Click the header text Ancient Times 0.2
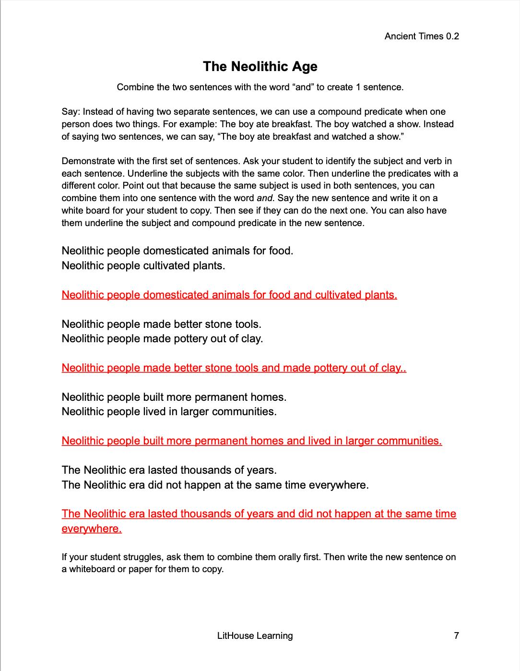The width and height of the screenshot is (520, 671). pos(422,36)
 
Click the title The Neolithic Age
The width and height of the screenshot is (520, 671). pos(260,66)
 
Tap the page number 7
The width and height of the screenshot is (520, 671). pos(456,635)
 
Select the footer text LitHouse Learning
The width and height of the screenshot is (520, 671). pos(255,635)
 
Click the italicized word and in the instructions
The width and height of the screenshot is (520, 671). pos(264,198)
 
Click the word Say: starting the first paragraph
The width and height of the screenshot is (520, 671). pos(71,112)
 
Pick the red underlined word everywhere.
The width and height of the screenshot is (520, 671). pos(92,529)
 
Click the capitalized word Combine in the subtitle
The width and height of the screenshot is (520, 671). pos(135,87)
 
